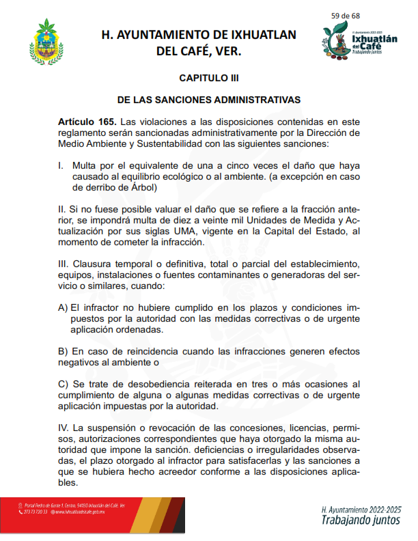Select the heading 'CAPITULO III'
coord(208,79)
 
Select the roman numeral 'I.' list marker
coord(61,165)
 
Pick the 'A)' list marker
coord(63,307)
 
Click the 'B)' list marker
coord(63,351)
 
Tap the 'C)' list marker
coord(64,385)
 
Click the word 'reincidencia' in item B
coord(151,351)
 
